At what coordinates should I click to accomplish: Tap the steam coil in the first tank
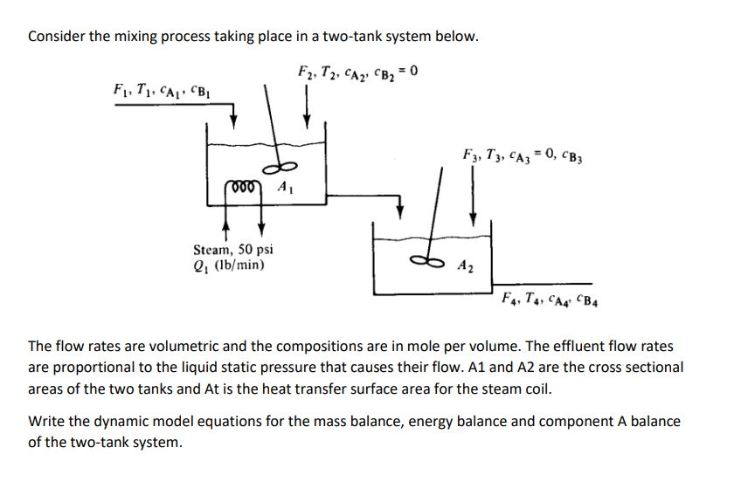point(246,184)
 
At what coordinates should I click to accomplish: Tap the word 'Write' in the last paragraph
point(46,422)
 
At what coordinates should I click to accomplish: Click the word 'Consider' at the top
point(55,37)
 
